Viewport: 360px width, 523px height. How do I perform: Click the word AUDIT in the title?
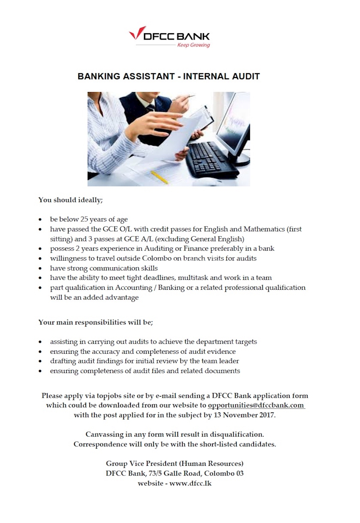click(245, 76)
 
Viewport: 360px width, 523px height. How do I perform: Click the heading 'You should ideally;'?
click(70, 200)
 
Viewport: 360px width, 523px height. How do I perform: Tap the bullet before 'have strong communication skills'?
click(40, 269)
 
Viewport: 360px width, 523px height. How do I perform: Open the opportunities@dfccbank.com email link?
click(256, 405)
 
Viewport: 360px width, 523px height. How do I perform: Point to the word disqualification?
click(233, 434)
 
